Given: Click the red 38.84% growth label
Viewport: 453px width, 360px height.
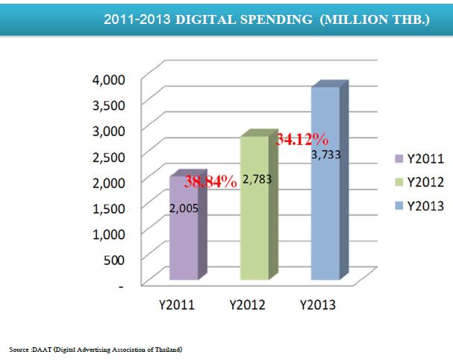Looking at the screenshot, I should pos(210,181).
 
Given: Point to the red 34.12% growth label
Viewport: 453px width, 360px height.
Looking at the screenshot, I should pos(302,139).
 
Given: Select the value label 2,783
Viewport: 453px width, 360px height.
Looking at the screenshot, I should pos(258,180).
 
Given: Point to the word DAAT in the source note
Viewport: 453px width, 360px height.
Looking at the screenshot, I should pos(38,350).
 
